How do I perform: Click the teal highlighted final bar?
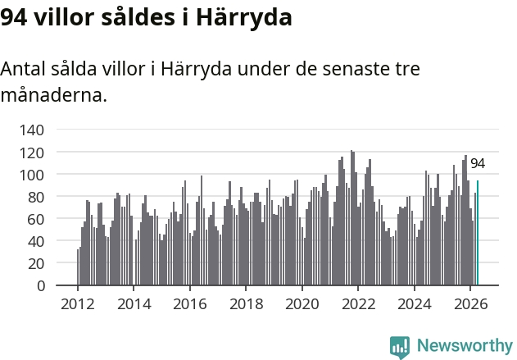[x=478, y=233]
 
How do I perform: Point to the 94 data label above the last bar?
[x=478, y=164]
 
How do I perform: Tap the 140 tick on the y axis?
[x=32, y=130]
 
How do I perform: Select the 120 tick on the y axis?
[x=32, y=153]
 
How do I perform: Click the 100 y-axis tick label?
[x=32, y=175]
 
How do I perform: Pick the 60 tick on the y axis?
[x=35, y=220]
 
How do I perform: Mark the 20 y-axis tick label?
[x=35, y=264]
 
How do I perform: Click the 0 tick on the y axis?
[x=40, y=285]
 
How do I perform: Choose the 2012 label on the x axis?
[x=78, y=304]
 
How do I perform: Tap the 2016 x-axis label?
[x=190, y=304]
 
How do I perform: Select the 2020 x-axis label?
[x=302, y=304]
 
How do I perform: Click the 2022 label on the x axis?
[x=358, y=304]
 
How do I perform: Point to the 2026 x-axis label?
[x=470, y=304]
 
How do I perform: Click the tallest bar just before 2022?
[x=351, y=218]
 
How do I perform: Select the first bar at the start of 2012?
[x=78, y=267]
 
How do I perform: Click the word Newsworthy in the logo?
[x=465, y=346]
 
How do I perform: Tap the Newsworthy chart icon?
[x=400, y=347]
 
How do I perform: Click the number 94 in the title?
[x=13, y=17]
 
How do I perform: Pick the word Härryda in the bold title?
[x=244, y=17]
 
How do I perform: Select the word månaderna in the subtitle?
[x=54, y=95]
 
